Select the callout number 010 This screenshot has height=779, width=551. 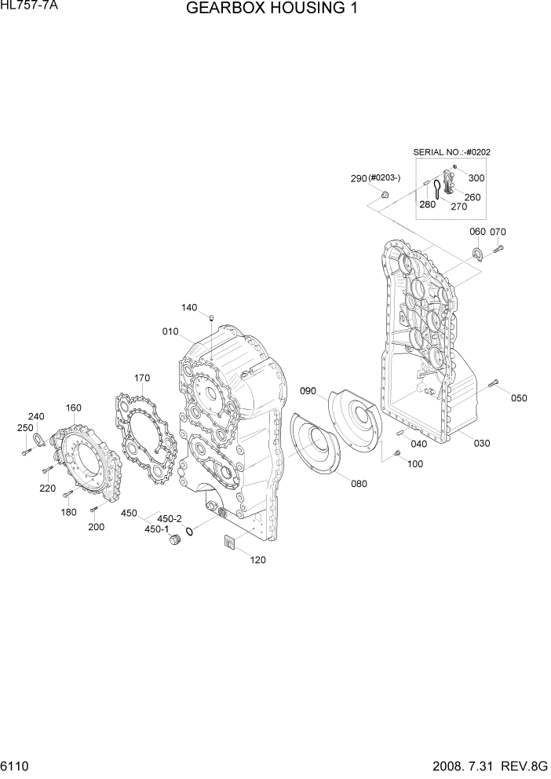pyautogui.click(x=171, y=331)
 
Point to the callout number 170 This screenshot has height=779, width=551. pyautogui.click(x=141, y=378)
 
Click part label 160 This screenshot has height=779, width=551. pyautogui.click(x=74, y=408)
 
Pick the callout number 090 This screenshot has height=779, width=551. pyautogui.click(x=308, y=390)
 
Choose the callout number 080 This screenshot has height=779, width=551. pyautogui.click(x=359, y=484)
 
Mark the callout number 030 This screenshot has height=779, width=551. pyautogui.click(x=482, y=443)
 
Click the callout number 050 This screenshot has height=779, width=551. pyautogui.click(x=519, y=398)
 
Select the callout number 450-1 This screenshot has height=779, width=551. pyautogui.click(x=157, y=529)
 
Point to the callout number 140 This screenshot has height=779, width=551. pyautogui.click(x=189, y=307)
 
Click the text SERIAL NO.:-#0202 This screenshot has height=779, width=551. pyautogui.click(x=458, y=152)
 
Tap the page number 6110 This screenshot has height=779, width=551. pyautogui.click(x=17, y=764)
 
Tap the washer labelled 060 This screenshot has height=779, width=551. pyautogui.click(x=476, y=253)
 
